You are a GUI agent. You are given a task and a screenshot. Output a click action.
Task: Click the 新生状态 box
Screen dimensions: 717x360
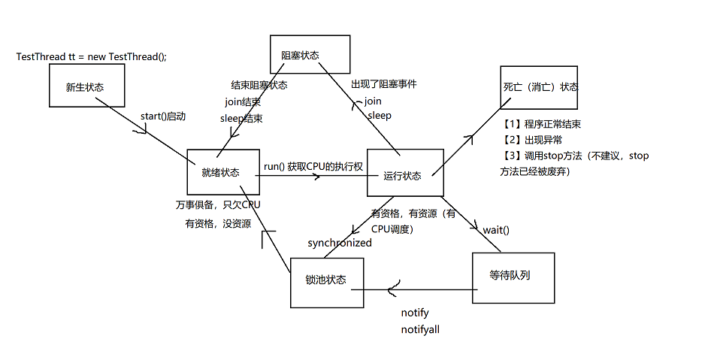(87, 86)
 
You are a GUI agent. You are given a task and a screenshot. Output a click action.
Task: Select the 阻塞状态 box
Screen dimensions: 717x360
(310, 54)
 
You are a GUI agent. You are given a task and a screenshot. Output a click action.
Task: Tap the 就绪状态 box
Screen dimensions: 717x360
(223, 172)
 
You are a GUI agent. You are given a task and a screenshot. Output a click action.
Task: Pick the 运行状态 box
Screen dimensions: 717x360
(406, 172)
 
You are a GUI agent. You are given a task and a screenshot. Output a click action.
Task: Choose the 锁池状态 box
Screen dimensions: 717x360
(327, 283)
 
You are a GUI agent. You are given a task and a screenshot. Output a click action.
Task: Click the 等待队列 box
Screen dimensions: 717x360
(513, 277)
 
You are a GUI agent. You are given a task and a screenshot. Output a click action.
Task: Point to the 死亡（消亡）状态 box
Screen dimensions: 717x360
(539, 87)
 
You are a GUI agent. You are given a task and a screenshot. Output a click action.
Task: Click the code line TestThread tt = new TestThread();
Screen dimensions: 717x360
(92, 56)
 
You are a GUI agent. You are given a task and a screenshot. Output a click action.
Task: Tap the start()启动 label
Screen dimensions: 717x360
(163, 116)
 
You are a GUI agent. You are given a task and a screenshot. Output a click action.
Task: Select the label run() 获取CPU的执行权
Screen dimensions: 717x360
(313, 167)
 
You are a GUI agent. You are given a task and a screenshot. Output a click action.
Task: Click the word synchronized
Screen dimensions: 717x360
(340, 243)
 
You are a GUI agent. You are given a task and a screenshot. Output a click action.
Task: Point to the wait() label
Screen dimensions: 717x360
(496, 230)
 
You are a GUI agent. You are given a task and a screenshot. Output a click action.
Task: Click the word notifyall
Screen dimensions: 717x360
(420, 329)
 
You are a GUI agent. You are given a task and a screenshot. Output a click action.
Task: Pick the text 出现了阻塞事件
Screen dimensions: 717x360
(383, 84)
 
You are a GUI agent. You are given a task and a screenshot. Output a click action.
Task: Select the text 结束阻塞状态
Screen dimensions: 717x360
(259, 85)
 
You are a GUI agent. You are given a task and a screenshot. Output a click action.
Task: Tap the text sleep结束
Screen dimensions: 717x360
(241, 119)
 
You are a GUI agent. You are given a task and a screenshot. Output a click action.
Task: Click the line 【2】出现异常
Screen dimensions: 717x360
(531, 140)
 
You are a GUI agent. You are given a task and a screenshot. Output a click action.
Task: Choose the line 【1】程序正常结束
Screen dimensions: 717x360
(541, 124)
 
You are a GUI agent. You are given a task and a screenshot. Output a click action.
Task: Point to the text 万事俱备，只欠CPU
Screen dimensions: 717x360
(218, 204)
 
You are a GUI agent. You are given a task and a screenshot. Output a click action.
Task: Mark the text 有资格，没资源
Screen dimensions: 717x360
(218, 224)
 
